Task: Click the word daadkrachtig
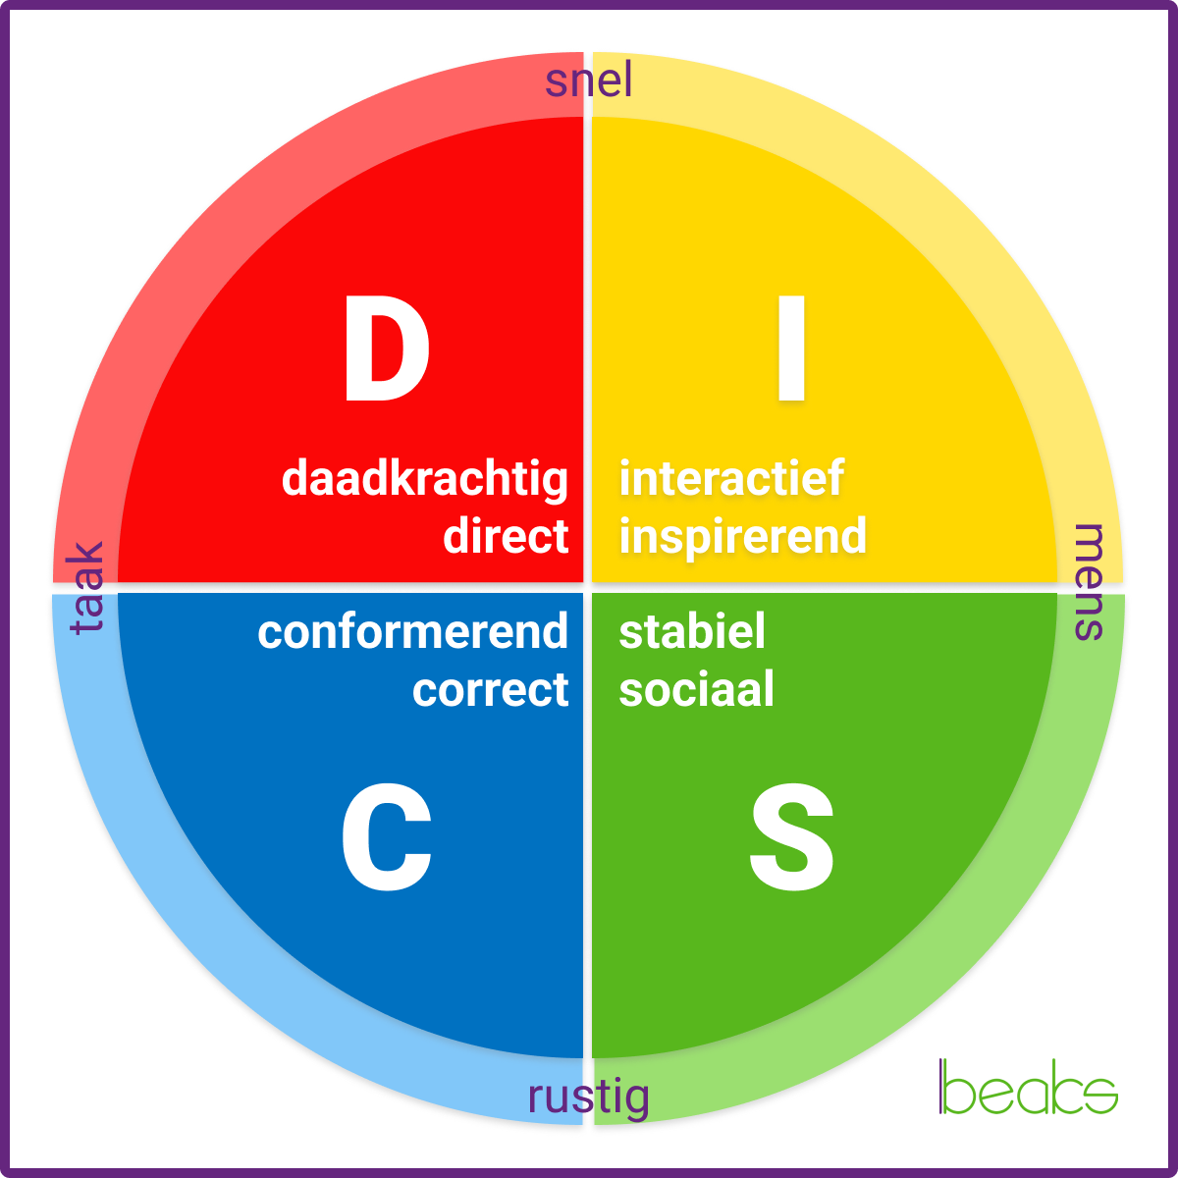click(425, 480)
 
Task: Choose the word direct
click(506, 536)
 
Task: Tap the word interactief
click(731, 478)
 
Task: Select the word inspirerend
click(743, 536)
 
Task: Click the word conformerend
click(412, 632)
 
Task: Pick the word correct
click(490, 690)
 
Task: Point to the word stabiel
click(692, 631)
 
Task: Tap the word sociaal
click(697, 689)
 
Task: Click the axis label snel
click(589, 80)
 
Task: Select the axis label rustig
click(589, 1097)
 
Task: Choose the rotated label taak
click(87, 587)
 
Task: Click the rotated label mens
click(1090, 582)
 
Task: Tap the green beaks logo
click(1028, 1088)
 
